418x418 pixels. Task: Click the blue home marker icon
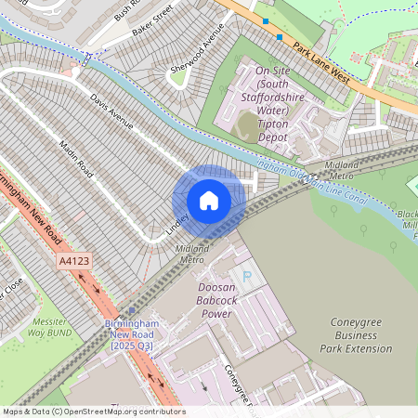coord(209,201)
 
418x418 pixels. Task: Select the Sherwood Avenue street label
coord(198,50)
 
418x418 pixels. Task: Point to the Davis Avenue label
coord(111,111)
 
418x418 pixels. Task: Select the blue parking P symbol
coord(246,275)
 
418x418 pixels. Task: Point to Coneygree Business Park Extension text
coord(361,335)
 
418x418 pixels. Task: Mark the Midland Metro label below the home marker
coord(192,254)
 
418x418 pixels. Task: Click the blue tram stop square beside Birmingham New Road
coord(133,311)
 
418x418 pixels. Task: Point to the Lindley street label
coord(178,222)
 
